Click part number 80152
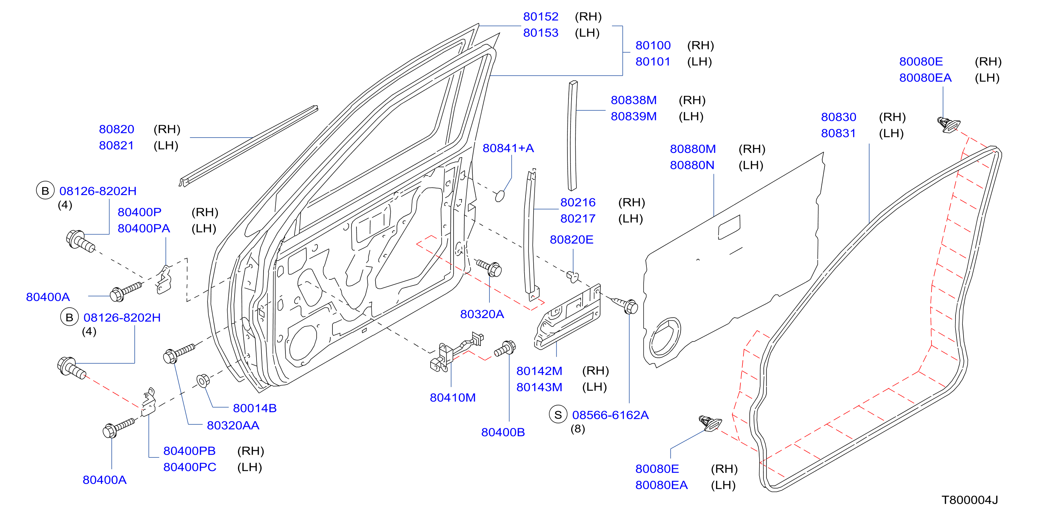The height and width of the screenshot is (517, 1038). (540, 16)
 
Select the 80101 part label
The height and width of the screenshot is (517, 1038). (653, 62)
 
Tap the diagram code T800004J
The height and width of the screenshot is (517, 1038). (969, 500)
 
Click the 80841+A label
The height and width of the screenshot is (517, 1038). (508, 148)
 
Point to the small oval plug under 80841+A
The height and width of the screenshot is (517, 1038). (500, 196)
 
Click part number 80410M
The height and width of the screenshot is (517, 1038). (453, 398)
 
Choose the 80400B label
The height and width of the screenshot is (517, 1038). (503, 432)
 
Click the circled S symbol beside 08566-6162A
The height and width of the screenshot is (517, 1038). (558, 415)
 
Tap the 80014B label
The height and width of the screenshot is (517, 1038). (255, 408)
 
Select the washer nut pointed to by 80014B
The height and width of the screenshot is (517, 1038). (203, 381)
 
